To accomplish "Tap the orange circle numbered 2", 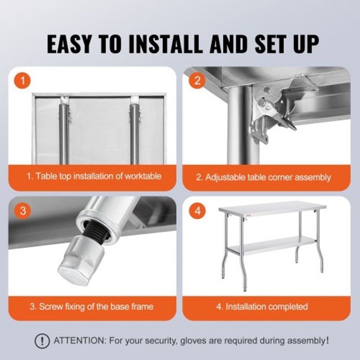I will (x=197, y=81).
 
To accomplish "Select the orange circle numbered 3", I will (x=22, y=211).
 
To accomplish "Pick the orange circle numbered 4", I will (x=197, y=211).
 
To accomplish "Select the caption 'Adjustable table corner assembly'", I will (x=263, y=177).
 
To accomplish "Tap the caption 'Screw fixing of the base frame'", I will (x=91, y=306).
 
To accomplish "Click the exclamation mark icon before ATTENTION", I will (x=42, y=341).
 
